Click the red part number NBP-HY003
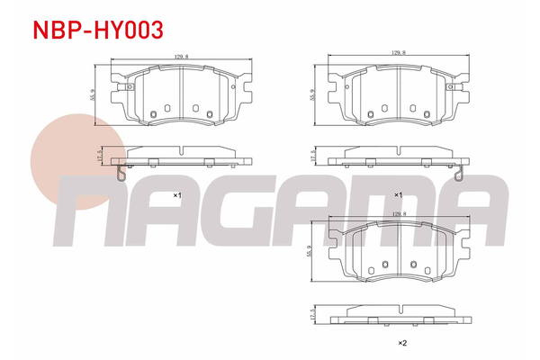pos(98,30)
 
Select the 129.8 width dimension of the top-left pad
pos(181,57)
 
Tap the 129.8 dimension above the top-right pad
pos(398,53)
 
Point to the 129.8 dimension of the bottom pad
pos(399,213)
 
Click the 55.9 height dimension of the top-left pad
pos(93,94)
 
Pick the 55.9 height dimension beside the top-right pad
pos(312,94)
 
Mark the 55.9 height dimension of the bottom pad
pos(309,251)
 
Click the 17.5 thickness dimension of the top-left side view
pos(100,156)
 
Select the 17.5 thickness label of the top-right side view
pos(312,156)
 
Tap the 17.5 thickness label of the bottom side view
pos(312,314)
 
